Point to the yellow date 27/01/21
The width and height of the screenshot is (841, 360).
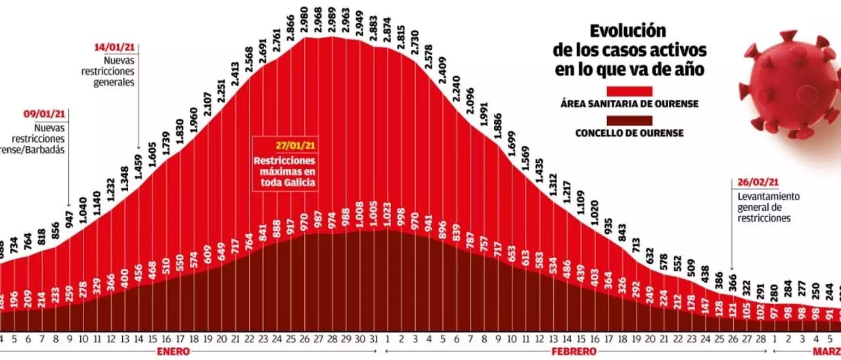(284, 146)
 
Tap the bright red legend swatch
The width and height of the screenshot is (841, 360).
(629, 91)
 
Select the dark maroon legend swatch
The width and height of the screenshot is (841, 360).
(629, 121)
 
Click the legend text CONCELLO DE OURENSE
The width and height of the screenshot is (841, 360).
(629, 133)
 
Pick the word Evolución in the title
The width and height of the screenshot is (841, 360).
(627, 31)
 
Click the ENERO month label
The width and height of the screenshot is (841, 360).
(173, 351)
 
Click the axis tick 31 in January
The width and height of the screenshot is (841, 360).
(375, 339)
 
